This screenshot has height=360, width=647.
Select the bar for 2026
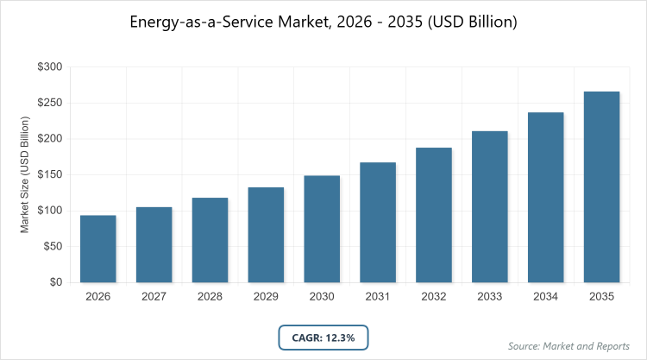tap(98, 249)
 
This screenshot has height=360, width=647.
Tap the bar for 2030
tap(322, 229)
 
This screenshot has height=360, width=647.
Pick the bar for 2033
tap(490, 206)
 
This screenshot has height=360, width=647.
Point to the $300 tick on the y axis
tap(49, 67)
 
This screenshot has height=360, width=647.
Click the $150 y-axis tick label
tap(49, 175)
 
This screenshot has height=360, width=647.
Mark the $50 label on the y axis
tap(52, 247)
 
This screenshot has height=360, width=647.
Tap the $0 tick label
tap(55, 282)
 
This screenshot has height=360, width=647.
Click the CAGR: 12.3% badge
tap(323, 337)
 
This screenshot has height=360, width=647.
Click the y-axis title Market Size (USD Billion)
tap(26, 175)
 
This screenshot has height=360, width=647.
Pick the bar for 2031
tap(378, 222)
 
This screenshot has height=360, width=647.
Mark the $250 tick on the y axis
tap(49, 104)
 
